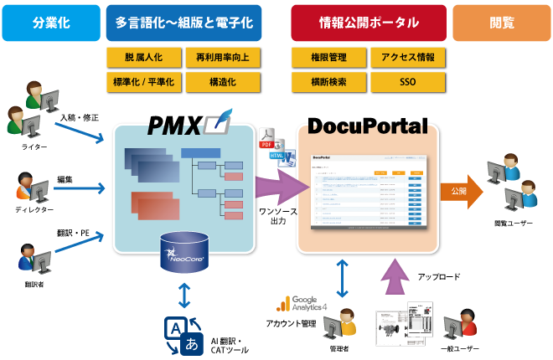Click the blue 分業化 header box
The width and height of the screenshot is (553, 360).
pyautogui.click(x=50, y=23)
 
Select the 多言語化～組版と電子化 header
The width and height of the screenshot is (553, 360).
pyautogui.click(x=183, y=23)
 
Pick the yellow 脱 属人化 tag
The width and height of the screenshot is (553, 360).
pyautogui.click(x=144, y=58)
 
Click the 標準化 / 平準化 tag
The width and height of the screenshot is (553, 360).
pyautogui.click(x=144, y=82)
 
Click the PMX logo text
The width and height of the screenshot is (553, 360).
pyautogui.click(x=174, y=126)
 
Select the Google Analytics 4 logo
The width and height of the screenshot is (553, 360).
pyautogui.click(x=307, y=304)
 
